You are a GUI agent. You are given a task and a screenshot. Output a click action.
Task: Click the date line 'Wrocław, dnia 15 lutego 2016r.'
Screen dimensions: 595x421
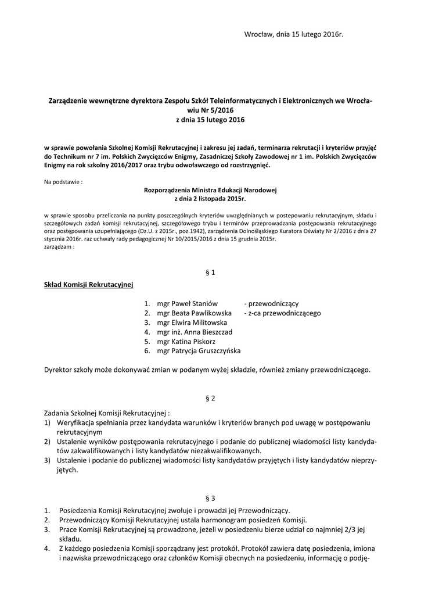(x=294, y=35)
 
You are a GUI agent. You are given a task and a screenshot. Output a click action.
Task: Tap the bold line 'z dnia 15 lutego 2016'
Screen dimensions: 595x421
(x=210, y=120)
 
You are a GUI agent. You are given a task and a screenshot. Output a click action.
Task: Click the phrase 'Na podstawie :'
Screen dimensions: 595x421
(x=63, y=182)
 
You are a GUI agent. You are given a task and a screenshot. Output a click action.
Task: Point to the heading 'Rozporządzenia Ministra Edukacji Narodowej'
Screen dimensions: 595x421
(x=210, y=190)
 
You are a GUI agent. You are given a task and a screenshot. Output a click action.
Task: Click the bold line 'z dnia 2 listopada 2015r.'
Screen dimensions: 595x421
(x=210, y=199)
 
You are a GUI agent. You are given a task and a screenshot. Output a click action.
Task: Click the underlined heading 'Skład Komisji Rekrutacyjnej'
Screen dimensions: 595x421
(x=89, y=284)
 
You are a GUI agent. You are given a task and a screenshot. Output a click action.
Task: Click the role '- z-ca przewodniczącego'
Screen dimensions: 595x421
(x=282, y=313)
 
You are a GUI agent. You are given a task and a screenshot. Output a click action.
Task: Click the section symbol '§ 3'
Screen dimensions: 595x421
(x=210, y=498)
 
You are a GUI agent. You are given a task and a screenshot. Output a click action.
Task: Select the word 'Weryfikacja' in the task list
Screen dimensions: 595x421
(x=77, y=422)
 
